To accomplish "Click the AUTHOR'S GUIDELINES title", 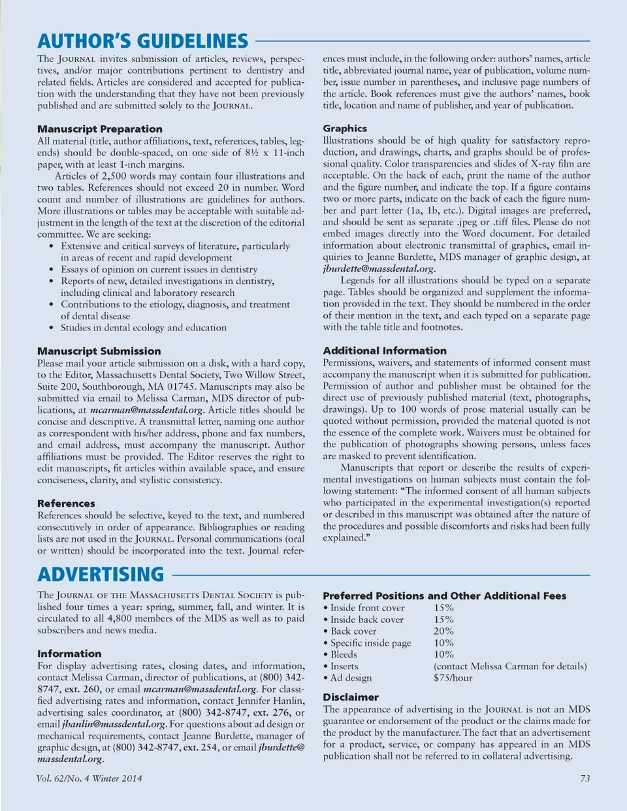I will click(142, 41).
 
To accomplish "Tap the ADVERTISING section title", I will click(101, 575).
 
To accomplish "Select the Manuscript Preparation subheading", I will click(99, 129).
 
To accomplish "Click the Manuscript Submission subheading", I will click(99, 351).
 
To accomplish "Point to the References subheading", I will click(66, 503).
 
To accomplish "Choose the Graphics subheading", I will click(345, 128).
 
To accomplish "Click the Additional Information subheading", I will click(385, 350).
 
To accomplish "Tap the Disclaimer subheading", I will click(351, 697).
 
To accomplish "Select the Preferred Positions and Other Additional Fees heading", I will click(444, 596).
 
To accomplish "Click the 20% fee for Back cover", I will click(443, 631).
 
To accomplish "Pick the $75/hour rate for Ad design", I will click(453, 678).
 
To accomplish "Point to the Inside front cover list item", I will click(367, 607).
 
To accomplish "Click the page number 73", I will click(585, 778).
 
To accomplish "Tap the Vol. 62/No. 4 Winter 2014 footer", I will click(89, 778).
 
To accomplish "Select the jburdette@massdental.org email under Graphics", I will click(379, 268).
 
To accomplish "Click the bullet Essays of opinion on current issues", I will click(159, 269).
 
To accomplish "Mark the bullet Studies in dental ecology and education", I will click(144, 328).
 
